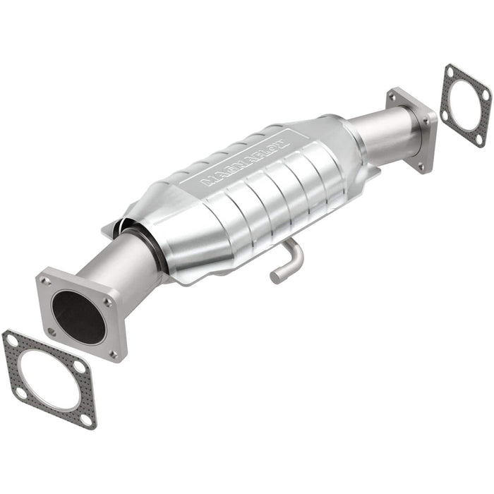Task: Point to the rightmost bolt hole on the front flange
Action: click(108, 301)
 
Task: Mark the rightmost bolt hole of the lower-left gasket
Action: click(80, 368)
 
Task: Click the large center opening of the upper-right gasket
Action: click(465, 105)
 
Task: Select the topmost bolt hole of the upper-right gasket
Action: click(450, 71)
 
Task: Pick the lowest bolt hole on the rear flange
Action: click(421, 166)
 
